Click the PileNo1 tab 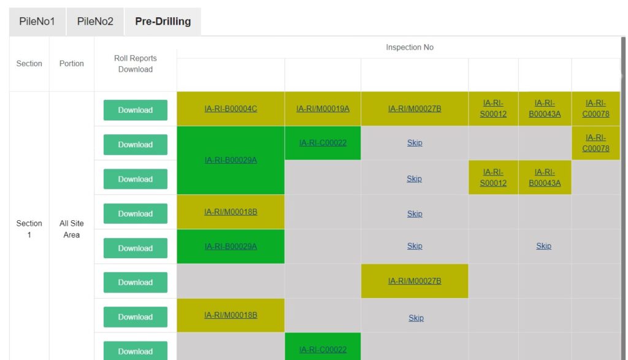click(x=37, y=21)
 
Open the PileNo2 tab click(x=95, y=21)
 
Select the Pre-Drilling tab click(x=163, y=21)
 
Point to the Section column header click(x=29, y=64)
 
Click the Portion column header click(x=72, y=64)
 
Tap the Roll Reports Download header click(x=136, y=64)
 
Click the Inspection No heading click(x=410, y=47)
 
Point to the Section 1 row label click(x=29, y=229)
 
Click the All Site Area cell click(x=72, y=229)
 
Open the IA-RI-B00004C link click(x=231, y=109)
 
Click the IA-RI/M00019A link click(x=323, y=109)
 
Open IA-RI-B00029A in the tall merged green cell click(x=231, y=160)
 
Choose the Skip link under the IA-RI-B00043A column click(x=544, y=246)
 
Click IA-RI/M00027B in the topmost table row click(x=415, y=109)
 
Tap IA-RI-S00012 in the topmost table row click(x=494, y=109)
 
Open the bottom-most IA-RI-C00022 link click(x=323, y=350)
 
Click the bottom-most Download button click(x=136, y=351)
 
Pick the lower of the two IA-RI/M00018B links click(x=231, y=315)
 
